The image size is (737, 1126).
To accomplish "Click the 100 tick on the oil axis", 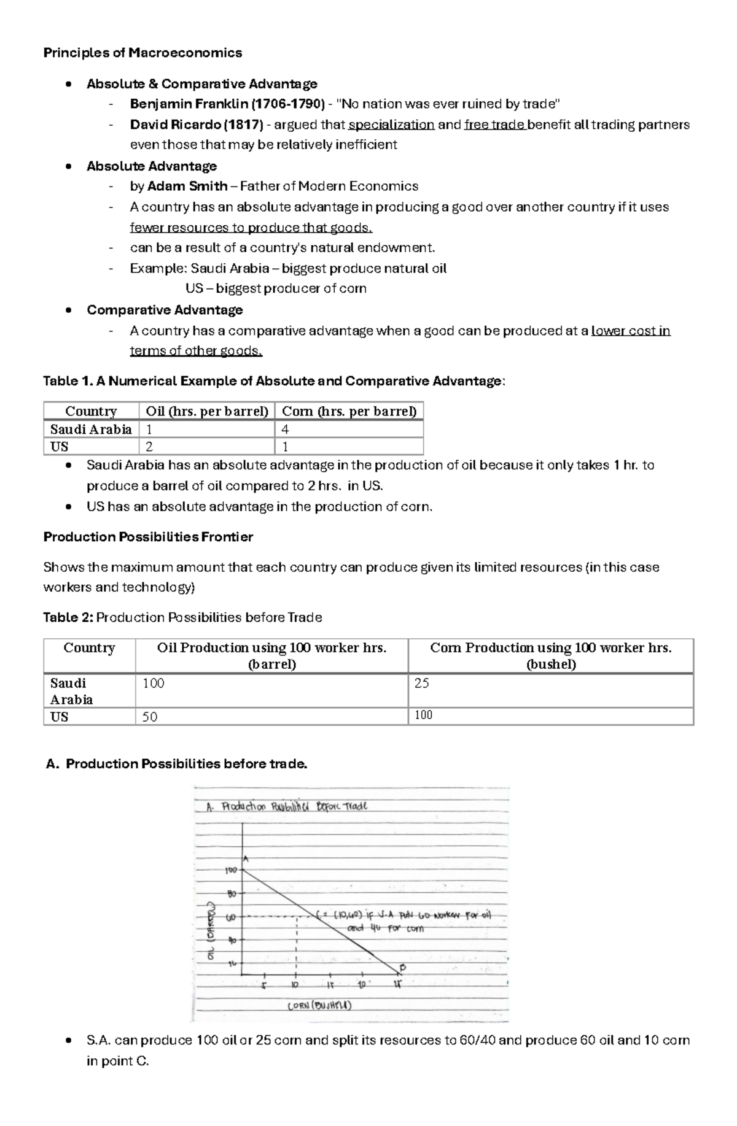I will tap(231, 870).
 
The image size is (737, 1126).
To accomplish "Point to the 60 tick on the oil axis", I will tap(231, 918).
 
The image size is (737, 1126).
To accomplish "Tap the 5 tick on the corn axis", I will tap(264, 985).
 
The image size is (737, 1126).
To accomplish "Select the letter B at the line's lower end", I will tap(403, 968).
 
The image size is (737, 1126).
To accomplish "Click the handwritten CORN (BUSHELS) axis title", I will tap(319, 1005).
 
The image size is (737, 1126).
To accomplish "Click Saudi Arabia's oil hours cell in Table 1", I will tap(207, 430).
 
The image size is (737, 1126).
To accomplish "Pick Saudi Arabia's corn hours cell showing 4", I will tap(349, 430).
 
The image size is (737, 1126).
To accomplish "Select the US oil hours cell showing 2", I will tap(207, 447).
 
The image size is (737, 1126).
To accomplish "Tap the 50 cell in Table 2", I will tap(271, 717).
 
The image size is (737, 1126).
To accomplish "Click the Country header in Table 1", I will tap(91, 411).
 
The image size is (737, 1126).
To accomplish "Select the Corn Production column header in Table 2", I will tap(550, 655).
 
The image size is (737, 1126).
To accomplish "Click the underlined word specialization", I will tap(391, 125).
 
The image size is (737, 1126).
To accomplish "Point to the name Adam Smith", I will tap(187, 186).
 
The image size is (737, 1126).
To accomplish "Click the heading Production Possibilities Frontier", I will tap(148, 537).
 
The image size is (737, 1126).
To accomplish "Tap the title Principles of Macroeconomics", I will tap(142, 53).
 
